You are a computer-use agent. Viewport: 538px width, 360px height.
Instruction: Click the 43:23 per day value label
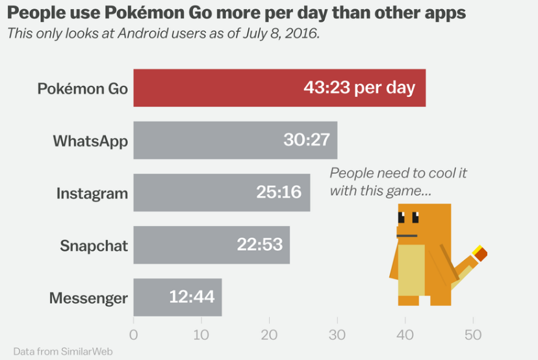pyautogui.click(x=359, y=88)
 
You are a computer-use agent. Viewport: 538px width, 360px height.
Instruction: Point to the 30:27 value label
pyautogui.click(x=307, y=140)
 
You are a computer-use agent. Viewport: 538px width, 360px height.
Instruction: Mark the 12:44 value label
pyautogui.click(x=192, y=297)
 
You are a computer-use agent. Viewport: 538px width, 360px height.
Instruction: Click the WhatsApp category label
pyautogui.click(x=90, y=140)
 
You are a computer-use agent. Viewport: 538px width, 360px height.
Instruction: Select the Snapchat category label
pyautogui.click(x=94, y=246)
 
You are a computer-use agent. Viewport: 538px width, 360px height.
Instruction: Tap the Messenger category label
pyautogui.click(x=88, y=298)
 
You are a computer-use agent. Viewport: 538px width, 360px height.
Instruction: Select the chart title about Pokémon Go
pyautogui.click(x=237, y=14)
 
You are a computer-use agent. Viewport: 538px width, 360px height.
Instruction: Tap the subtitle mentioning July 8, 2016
pyautogui.click(x=163, y=34)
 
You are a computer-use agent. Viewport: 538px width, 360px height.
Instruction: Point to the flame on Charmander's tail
pyautogui.click(x=480, y=253)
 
